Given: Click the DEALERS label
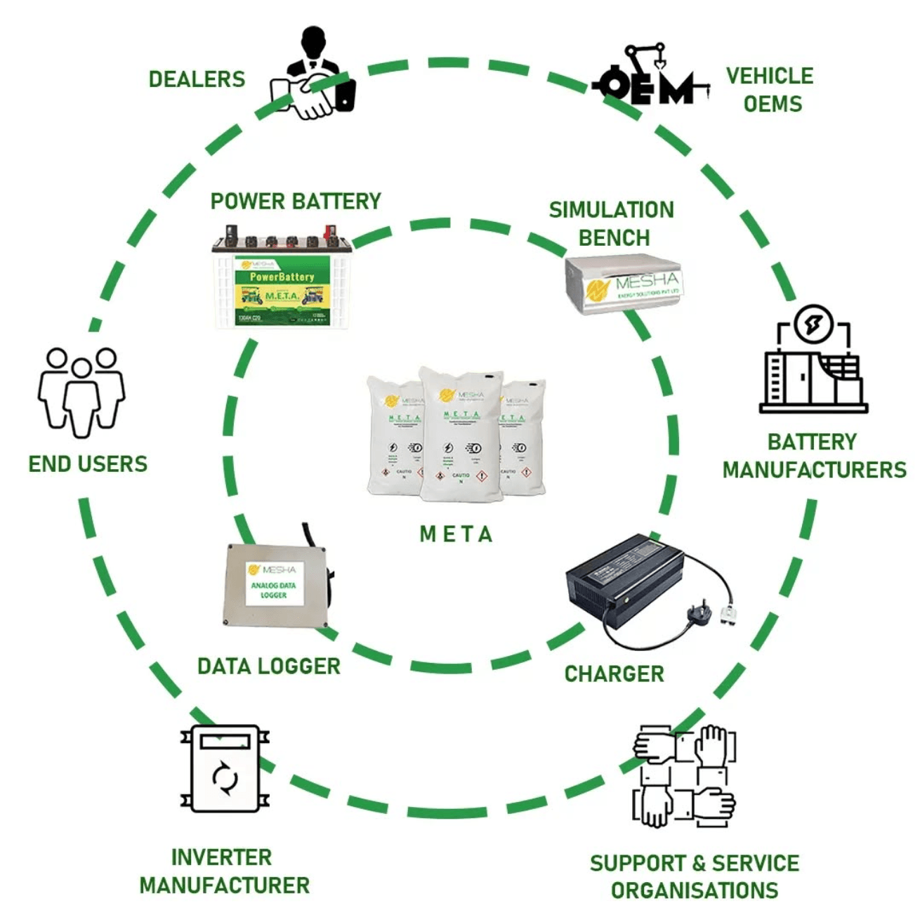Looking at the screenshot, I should point(197,79).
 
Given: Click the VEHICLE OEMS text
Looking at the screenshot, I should point(770,90).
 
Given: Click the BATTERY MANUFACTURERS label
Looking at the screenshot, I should point(814,456).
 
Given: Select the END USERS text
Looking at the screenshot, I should point(88,464).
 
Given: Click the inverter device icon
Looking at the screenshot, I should point(225,769).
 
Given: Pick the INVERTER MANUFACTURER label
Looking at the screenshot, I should point(224,871).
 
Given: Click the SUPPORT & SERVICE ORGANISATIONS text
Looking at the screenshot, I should point(694,876).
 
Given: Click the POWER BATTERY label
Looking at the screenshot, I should point(296,202).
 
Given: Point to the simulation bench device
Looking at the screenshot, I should point(624,284).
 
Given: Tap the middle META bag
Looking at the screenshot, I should point(461,435).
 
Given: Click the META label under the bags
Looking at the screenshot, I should point(456,534).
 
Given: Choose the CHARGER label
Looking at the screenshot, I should point(614,674).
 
